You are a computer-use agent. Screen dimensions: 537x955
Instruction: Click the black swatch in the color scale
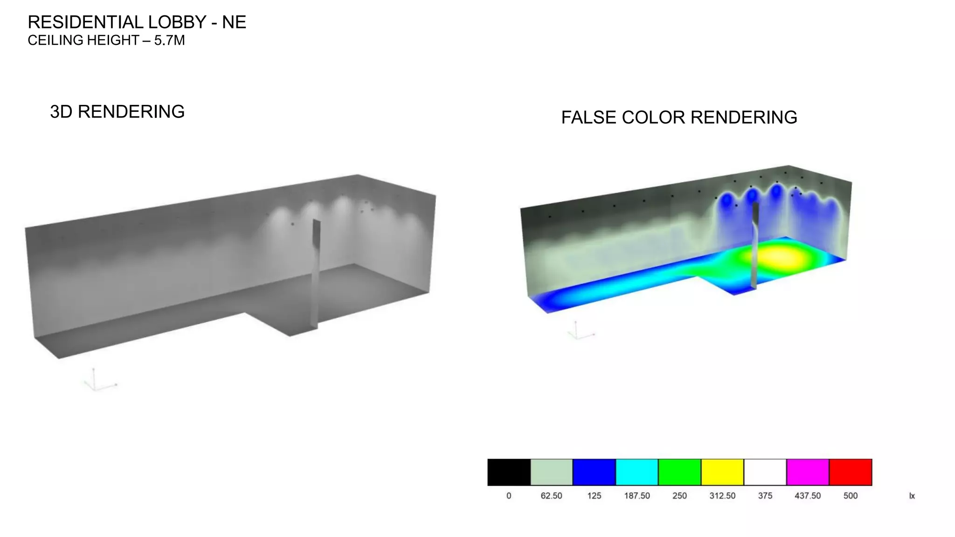[509, 472]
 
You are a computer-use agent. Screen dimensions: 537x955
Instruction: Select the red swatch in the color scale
[851, 472]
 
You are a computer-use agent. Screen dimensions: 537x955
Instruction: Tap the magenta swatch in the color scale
[808, 472]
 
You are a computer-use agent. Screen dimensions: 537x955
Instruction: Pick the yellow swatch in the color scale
[722, 472]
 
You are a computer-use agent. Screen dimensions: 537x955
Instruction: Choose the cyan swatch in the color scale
[637, 472]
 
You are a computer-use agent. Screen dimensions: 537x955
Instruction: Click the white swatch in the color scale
[765, 472]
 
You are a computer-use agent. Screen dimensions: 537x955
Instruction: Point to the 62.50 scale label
[551, 496]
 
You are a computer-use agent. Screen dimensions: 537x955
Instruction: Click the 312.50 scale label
[722, 496]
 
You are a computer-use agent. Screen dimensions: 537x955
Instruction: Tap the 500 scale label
[851, 496]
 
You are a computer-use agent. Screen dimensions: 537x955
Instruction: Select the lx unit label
[912, 496]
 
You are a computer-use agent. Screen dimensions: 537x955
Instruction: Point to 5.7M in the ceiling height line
[169, 41]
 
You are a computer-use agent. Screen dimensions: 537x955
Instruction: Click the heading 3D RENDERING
[117, 112]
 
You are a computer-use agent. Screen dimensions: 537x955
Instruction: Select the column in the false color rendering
[754, 247]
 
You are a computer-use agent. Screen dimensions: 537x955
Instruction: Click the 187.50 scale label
[637, 496]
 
